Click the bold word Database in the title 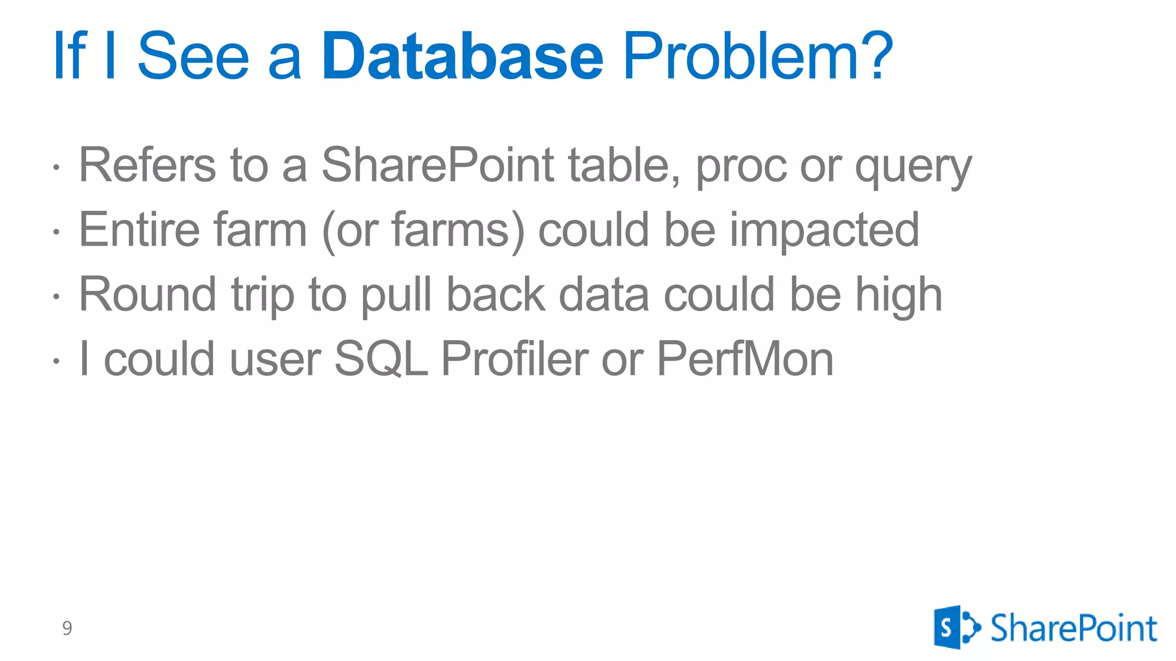pos(462,56)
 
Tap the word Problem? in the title pos(758,56)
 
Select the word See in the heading pos(194,56)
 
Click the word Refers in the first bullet pos(148,165)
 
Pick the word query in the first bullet pos(913,168)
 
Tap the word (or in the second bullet pos(350,231)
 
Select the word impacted pos(824,231)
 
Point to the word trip pos(263,295)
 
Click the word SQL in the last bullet pos(381,359)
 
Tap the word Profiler pos(514,359)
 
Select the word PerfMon pos(745,359)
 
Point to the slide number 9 pos(67,628)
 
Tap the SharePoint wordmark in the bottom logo pos(1073,628)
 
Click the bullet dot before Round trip pos(56,297)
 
